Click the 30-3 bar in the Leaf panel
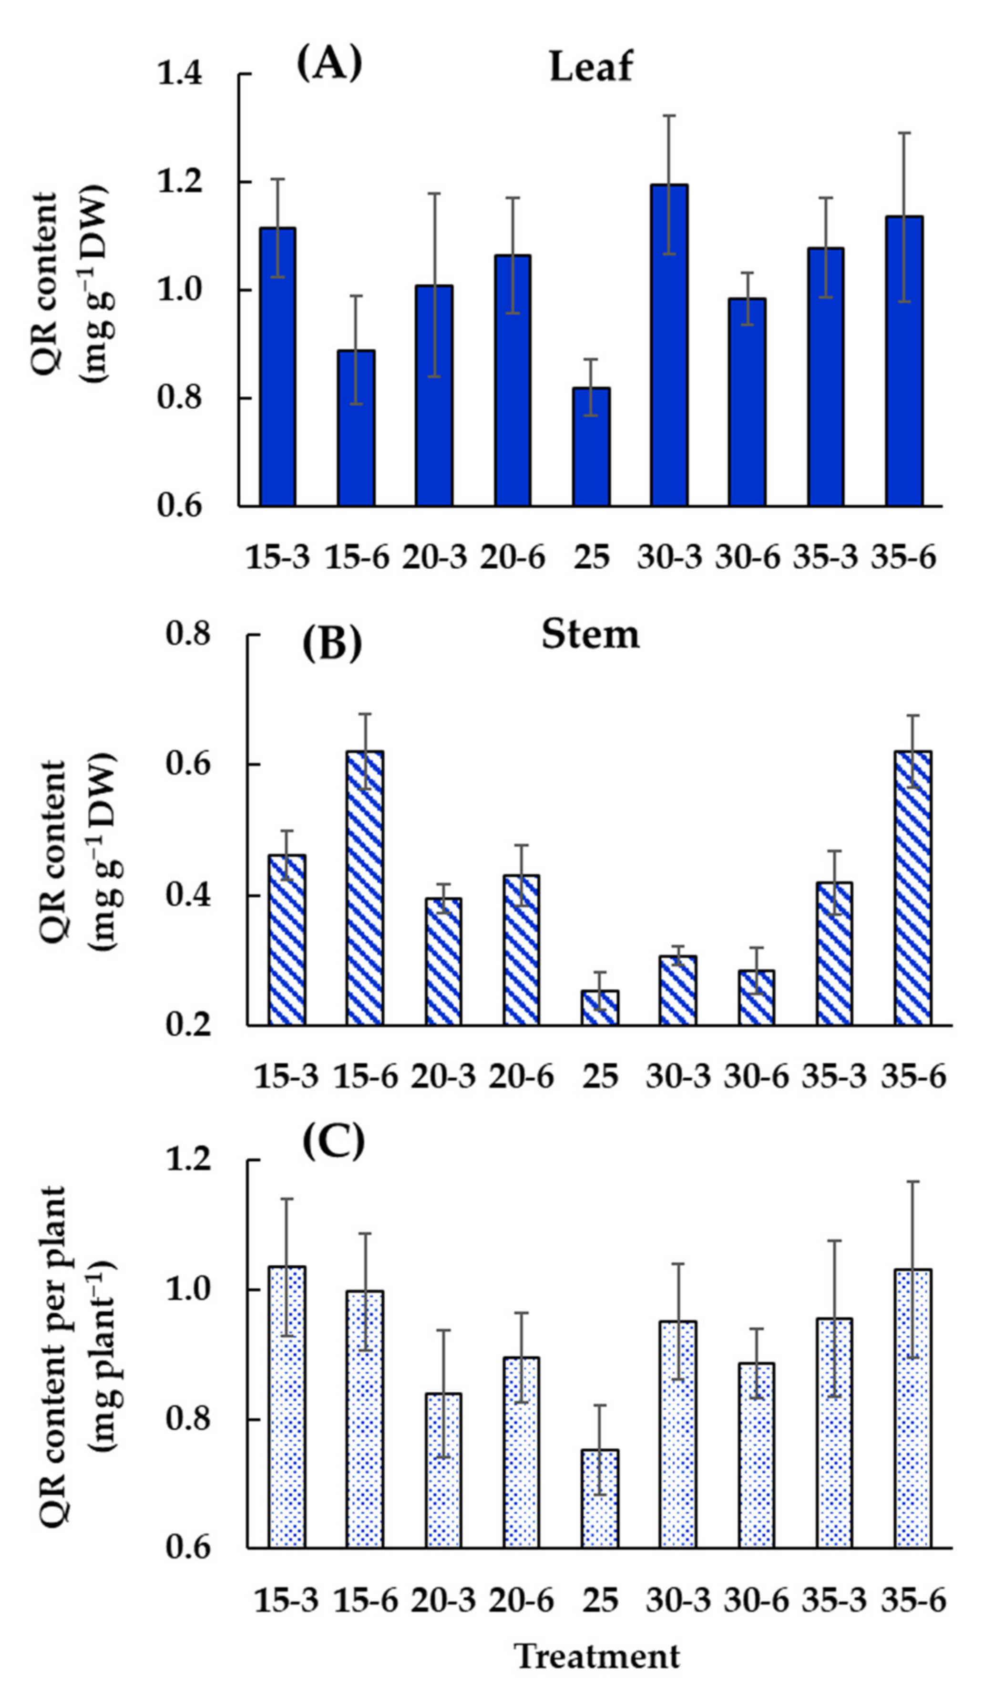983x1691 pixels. coord(669,346)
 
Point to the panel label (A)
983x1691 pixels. coord(329,64)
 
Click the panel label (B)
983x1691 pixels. coord(332,642)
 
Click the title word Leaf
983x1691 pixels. coord(591,67)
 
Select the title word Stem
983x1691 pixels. coord(591,634)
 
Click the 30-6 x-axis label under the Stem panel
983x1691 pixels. coord(756,1076)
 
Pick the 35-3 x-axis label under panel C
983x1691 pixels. coord(835,1600)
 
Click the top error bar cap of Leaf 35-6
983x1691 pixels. coord(904,133)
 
